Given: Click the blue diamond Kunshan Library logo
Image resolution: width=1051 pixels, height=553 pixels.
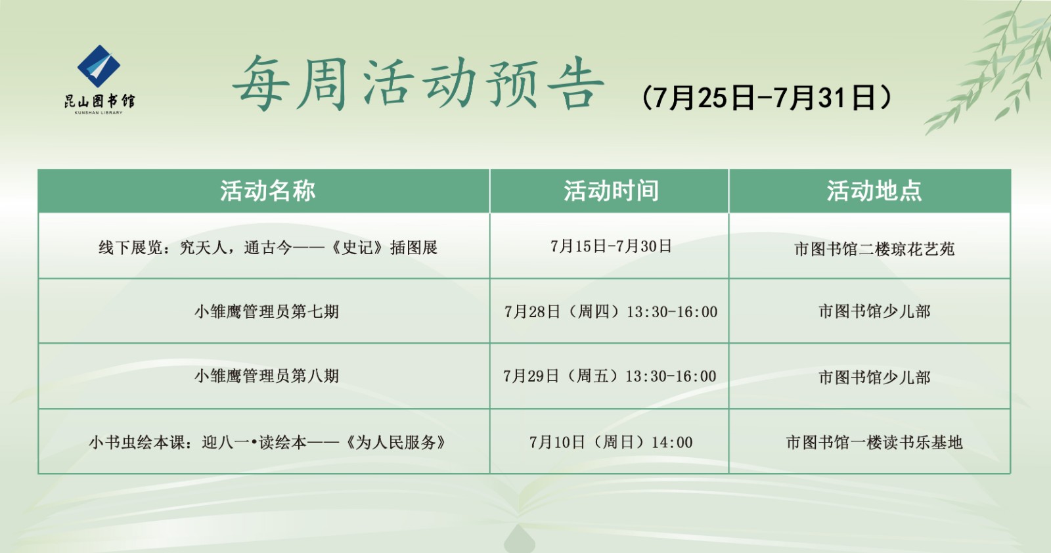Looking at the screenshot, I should [99, 66].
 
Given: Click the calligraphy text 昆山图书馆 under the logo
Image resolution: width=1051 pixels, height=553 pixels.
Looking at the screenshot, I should [99, 100].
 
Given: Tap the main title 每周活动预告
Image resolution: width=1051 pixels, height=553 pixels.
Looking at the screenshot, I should [418, 84].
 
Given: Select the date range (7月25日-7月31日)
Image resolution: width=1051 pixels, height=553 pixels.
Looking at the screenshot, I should [767, 98].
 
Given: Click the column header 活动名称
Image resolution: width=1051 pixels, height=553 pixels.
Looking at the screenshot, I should [267, 191].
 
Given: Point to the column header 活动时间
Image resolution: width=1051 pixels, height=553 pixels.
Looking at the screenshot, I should [611, 191].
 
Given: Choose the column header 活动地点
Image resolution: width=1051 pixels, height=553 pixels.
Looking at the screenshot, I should [874, 191].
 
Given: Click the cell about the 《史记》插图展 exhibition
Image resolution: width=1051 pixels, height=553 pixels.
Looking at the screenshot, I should [267, 248].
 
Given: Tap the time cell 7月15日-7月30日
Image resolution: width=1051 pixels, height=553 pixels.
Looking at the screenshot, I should [611, 246].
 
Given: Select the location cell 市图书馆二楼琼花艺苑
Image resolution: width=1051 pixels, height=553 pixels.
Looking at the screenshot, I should [874, 249].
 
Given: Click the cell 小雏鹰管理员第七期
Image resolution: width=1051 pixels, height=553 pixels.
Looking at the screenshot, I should [267, 311].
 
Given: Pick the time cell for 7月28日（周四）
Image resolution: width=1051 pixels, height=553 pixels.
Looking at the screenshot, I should [611, 311].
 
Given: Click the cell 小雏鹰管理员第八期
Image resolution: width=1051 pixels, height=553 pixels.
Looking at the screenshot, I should [267, 376].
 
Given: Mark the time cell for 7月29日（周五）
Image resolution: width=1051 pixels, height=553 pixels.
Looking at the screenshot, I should [610, 376].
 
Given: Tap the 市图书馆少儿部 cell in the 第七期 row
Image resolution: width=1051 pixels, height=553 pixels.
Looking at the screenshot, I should [874, 311].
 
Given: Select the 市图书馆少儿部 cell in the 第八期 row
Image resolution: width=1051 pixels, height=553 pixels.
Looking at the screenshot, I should [874, 377].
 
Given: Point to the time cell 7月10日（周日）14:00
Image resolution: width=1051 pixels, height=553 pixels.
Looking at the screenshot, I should [611, 442].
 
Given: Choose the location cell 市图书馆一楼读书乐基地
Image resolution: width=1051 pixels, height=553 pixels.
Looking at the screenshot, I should [874, 442].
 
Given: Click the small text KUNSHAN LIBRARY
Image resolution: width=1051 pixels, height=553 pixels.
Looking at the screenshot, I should [99, 113].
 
